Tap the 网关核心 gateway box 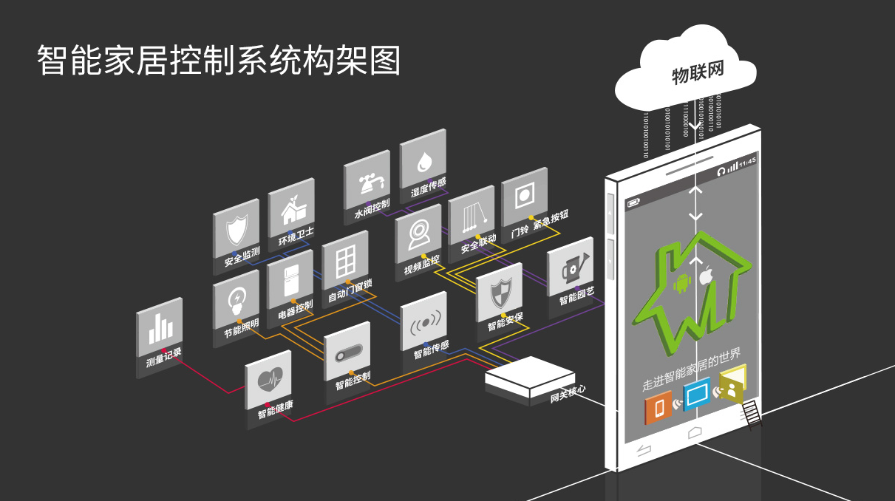529,378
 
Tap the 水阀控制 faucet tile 367,184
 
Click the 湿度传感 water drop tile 423,164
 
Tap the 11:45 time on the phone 747,161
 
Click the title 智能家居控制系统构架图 219,61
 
